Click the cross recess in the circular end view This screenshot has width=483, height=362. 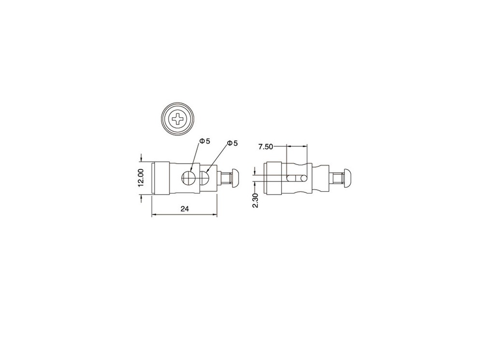(x=178, y=119)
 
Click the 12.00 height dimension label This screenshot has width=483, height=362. (x=141, y=178)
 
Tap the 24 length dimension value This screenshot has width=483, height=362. (x=184, y=209)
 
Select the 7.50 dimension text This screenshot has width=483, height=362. (x=266, y=147)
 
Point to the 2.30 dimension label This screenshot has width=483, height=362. (x=256, y=200)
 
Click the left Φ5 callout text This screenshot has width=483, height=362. (x=205, y=141)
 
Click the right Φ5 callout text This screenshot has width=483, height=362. (x=233, y=143)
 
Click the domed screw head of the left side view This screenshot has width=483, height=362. (x=235, y=178)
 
